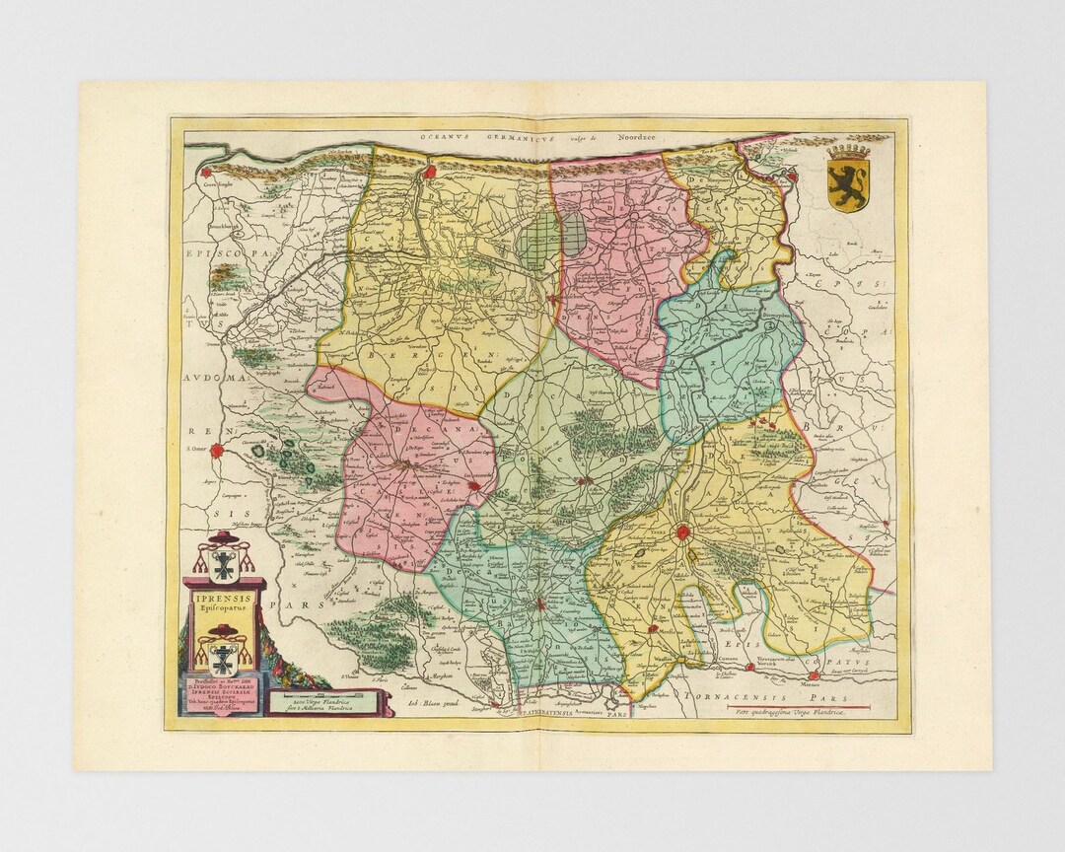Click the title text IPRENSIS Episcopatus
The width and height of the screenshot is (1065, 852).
pyautogui.click(x=224, y=602)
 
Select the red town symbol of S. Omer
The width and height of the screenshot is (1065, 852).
pyautogui.click(x=218, y=453)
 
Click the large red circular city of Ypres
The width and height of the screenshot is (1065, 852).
pyautogui.click(x=682, y=533)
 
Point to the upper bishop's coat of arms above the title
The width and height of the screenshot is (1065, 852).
pyautogui.click(x=224, y=560)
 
